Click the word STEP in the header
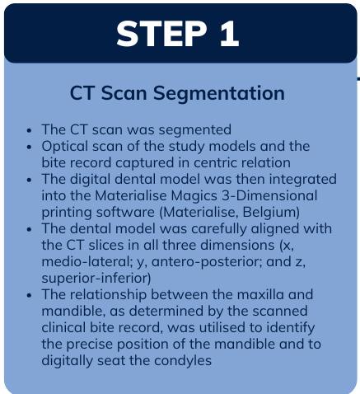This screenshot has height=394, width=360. point(161,34)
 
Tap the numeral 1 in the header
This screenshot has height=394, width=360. point(229,34)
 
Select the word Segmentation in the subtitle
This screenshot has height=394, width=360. point(219,94)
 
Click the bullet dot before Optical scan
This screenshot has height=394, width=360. point(30,147)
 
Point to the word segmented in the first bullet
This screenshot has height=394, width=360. point(195,130)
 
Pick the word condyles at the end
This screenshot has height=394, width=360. point(183,361)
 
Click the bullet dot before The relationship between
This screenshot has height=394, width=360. point(30,296)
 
